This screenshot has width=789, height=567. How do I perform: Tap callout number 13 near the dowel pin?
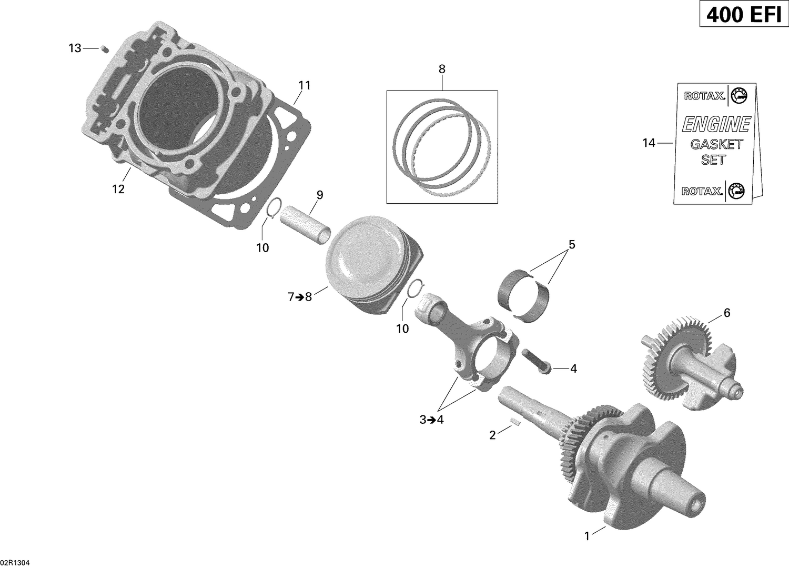tap(75, 48)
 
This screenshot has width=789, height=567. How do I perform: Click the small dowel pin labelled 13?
tap(104, 49)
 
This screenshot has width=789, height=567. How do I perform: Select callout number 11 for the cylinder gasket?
tap(305, 85)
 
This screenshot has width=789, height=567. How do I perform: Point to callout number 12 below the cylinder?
tap(118, 189)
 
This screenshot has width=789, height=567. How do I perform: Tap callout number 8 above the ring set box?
tap(442, 68)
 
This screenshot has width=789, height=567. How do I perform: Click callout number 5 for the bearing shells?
tap(572, 244)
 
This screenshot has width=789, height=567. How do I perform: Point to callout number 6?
tap(727, 313)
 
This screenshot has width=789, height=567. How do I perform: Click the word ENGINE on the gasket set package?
tap(715, 125)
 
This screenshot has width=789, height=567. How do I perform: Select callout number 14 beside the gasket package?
tap(649, 143)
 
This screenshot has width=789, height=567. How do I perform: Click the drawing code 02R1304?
tap(16, 562)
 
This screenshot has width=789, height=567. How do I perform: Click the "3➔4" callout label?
tap(432, 420)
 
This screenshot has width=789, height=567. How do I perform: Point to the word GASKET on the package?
tap(716, 144)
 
